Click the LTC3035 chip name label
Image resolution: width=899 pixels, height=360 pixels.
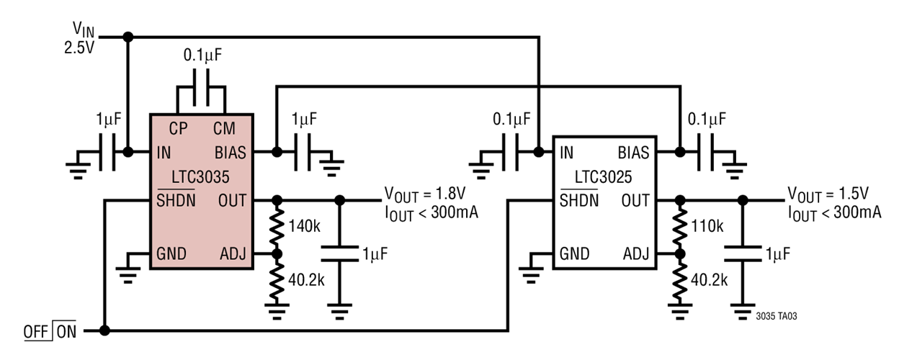[201, 176]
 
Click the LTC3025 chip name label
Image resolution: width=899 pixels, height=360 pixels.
[604, 176]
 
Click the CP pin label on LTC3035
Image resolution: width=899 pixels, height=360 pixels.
[179, 128]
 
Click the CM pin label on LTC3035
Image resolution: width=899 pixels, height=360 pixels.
[225, 128]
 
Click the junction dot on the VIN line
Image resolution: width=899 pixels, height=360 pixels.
[128, 36]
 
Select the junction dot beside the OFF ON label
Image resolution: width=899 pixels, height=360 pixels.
[104, 331]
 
